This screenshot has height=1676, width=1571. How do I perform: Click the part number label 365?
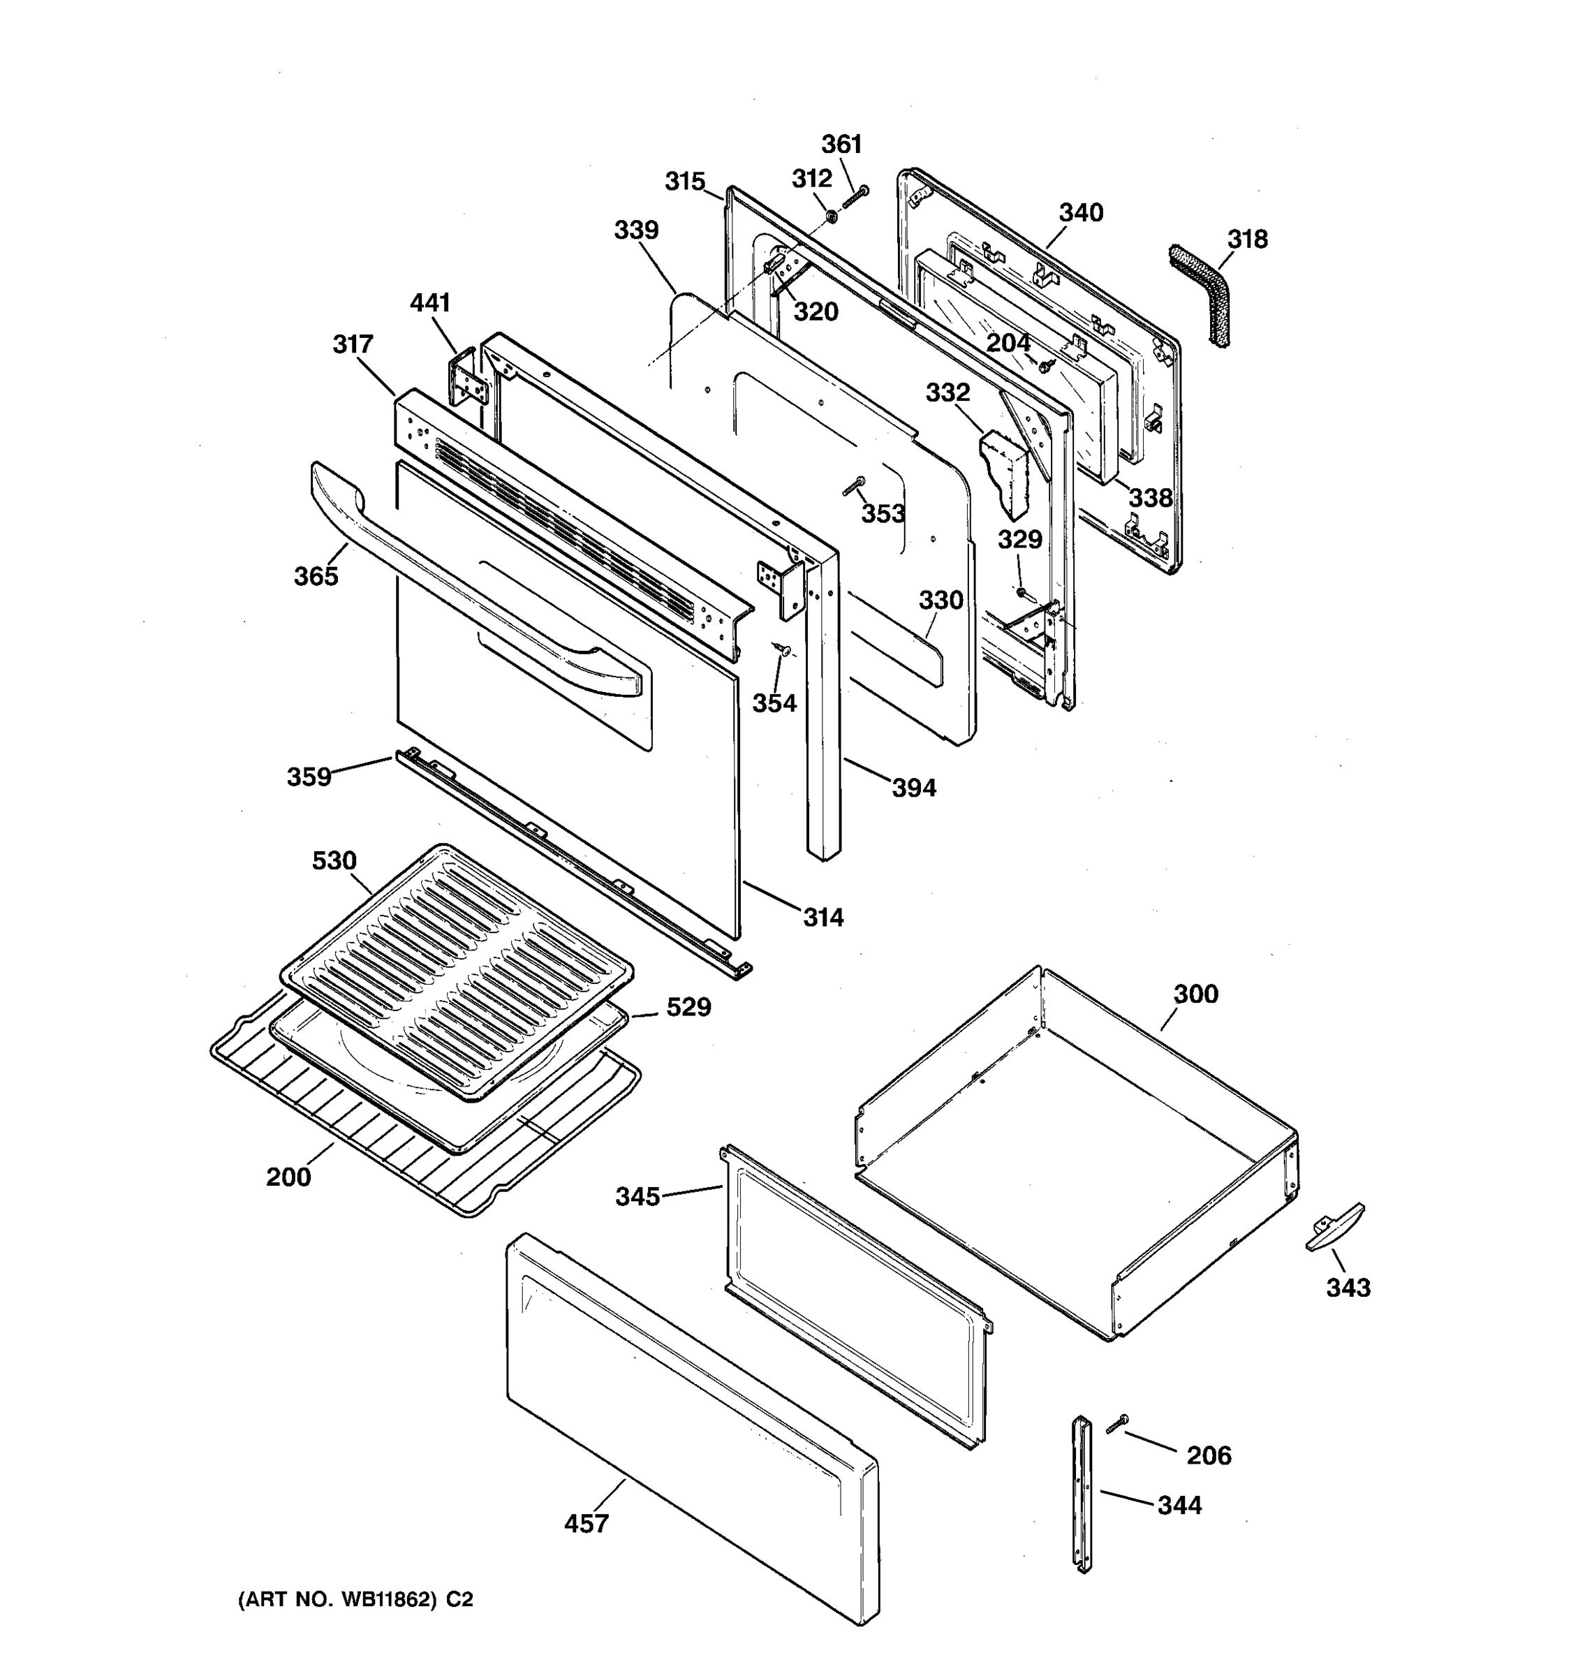tap(316, 576)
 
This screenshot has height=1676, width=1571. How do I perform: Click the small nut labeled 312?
tap(829, 216)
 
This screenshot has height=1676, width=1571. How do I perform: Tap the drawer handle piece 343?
tap(1334, 1227)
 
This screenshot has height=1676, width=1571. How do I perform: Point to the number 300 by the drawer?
tap(1195, 994)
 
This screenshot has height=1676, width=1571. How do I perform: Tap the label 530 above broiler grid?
tap(334, 861)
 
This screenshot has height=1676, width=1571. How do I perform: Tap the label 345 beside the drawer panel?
tap(637, 1196)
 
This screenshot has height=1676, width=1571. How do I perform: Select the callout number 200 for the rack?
tap(288, 1176)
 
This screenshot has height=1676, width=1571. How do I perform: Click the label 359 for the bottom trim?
tap(309, 777)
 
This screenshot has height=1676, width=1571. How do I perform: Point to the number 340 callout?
tap(1080, 212)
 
